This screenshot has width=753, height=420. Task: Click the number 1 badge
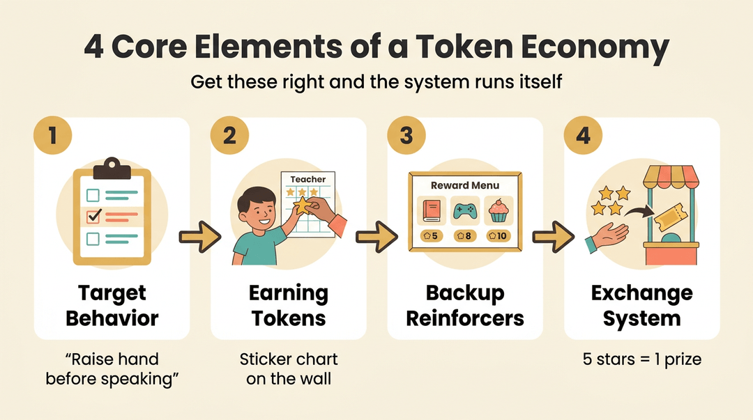coord(53,135)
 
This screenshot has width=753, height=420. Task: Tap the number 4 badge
coord(583,135)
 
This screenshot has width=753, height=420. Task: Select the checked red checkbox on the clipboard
coord(93,216)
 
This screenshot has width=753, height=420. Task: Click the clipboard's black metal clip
coord(112,169)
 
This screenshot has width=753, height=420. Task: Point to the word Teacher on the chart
coord(308,179)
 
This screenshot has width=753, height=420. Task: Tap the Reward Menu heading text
coord(465,185)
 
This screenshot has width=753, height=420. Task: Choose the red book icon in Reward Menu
coord(432,211)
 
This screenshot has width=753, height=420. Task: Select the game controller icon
coord(465,211)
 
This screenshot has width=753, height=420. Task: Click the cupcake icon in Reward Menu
coord(499,211)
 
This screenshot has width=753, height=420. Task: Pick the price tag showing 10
coord(498,235)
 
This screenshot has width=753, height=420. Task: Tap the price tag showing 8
coord(465,235)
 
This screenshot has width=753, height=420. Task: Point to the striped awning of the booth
coord(671,178)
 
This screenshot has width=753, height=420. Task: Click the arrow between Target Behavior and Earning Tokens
coord(200,237)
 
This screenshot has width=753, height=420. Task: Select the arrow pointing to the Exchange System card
coord(553,237)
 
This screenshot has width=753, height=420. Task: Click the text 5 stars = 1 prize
coord(642,359)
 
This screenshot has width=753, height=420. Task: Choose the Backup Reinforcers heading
coord(465,306)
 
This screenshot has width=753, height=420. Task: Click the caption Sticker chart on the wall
coord(289,368)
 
